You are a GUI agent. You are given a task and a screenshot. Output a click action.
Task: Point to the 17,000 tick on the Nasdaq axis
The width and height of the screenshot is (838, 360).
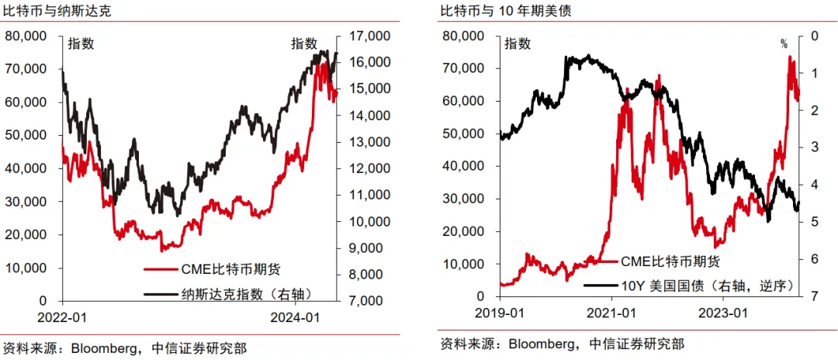(369, 36)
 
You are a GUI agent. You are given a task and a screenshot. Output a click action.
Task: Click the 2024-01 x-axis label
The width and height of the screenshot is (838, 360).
(293, 317)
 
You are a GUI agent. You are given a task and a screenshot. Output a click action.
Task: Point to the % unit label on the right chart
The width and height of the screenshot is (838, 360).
(783, 44)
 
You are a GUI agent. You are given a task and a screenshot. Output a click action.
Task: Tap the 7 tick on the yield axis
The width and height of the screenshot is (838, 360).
(814, 296)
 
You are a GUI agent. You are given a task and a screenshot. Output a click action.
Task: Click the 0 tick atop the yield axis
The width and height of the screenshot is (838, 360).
(814, 36)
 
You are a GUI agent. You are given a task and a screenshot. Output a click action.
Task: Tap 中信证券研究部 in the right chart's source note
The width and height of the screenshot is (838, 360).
(637, 344)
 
